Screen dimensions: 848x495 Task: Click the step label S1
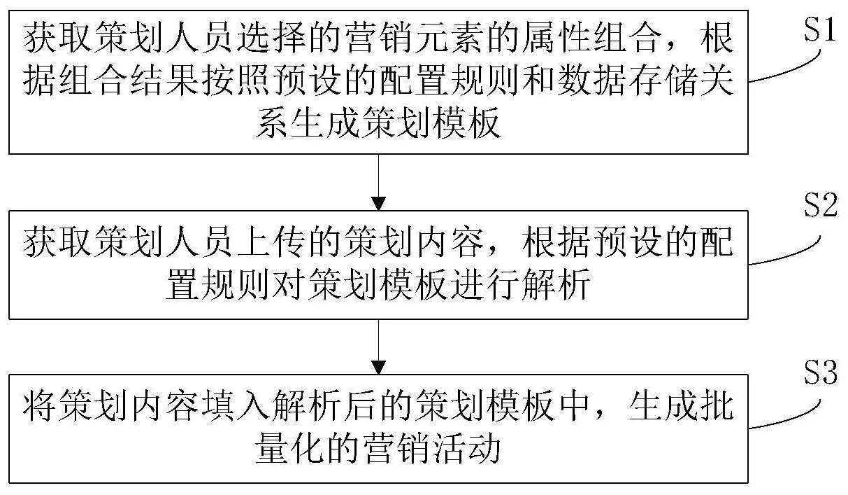pyautogui.click(x=820, y=30)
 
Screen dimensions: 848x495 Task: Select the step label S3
pyautogui.click(x=820, y=372)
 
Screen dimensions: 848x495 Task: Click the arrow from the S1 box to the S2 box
pyautogui.click(x=378, y=182)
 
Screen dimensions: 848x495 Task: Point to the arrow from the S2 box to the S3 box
pyautogui.click(x=378, y=347)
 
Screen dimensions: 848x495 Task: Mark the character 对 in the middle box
pyautogui.click(x=289, y=283)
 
